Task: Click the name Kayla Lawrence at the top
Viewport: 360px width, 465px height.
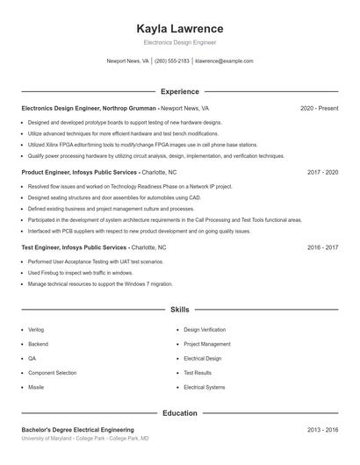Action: [180, 28]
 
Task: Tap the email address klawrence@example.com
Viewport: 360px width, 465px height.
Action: [224, 61]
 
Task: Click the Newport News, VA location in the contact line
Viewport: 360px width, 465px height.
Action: [127, 61]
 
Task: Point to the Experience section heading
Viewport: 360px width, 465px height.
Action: [180, 91]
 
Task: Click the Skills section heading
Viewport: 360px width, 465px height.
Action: [180, 311]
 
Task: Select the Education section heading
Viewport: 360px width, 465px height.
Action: [180, 412]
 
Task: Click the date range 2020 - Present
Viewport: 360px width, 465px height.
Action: [319, 108]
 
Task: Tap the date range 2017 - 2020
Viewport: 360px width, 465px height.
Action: [322, 173]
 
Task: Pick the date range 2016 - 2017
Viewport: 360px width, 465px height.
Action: [322, 248]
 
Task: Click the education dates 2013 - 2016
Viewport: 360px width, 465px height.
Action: [322, 430]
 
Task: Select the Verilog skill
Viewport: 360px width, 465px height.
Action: [37, 329]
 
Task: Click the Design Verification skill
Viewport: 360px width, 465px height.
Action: [205, 329]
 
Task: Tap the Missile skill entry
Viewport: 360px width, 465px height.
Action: [36, 387]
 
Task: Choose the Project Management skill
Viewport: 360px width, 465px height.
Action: [207, 344]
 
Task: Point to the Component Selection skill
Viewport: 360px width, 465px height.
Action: [52, 373]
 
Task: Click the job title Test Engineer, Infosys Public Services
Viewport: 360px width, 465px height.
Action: [74, 248]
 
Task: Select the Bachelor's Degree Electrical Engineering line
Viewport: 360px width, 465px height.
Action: [78, 430]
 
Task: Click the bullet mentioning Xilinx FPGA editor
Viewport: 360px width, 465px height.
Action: [142, 144]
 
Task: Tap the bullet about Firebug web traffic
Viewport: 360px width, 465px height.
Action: [80, 273]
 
